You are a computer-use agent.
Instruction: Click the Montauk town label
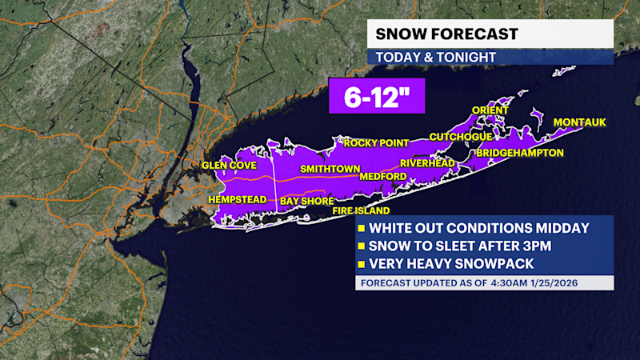pos(580,122)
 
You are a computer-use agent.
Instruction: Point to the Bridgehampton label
pos(520,152)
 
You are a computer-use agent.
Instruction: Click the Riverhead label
pos(427,163)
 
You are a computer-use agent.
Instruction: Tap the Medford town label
pos(383,176)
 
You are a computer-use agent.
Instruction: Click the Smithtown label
pos(326,170)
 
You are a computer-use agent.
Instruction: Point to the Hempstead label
pos(237,198)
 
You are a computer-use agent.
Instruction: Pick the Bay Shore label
pos(306,201)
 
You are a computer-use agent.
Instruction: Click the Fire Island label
pos(362,211)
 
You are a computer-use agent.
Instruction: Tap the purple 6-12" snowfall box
pos(375,99)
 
